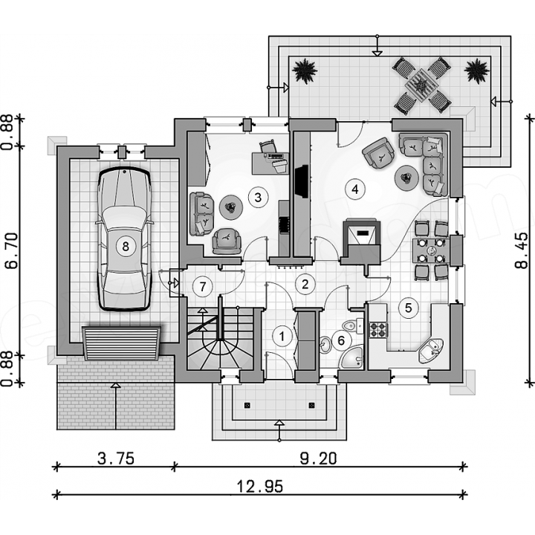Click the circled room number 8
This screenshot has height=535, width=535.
click(x=126, y=246)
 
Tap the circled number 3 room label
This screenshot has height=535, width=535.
click(x=258, y=197)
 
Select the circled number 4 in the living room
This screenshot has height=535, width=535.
click(x=355, y=189)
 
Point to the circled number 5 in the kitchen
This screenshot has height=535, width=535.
click(x=408, y=308)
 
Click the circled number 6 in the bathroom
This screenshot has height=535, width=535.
click(x=342, y=340)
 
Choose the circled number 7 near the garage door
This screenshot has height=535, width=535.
click(x=203, y=287)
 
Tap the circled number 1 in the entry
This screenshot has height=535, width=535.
click(x=282, y=337)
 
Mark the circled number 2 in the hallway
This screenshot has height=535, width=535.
click(x=305, y=284)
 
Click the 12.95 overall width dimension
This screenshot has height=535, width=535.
click(x=260, y=486)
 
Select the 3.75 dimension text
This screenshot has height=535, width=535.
click(x=116, y=458)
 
